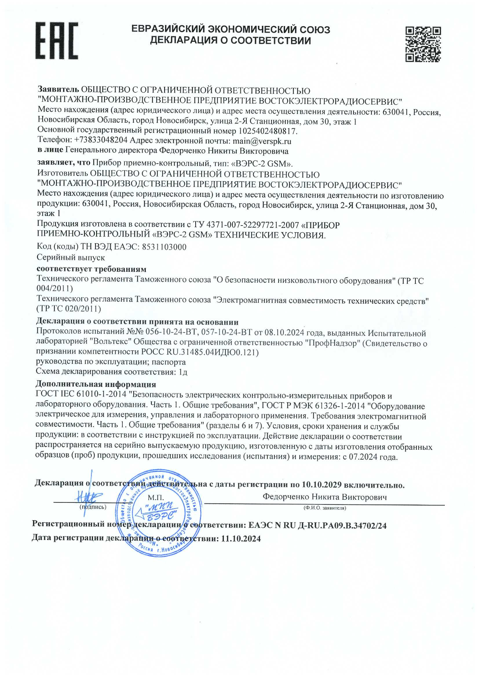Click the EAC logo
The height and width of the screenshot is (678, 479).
57,41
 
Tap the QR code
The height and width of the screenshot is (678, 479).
423,44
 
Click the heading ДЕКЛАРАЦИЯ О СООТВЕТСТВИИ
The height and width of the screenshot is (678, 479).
230,41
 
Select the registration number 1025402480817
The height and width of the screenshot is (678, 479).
268,131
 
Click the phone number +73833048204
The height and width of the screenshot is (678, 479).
101,141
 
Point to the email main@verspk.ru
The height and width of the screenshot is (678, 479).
262,141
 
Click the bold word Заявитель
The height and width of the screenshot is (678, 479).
58,90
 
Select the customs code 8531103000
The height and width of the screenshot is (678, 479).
164,247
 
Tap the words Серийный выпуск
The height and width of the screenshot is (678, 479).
71,257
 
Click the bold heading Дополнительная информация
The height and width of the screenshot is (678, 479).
96,384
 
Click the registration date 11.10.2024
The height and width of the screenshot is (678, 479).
241,538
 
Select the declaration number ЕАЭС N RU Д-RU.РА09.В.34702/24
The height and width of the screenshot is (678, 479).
318,525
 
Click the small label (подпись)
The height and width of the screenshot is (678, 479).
93,507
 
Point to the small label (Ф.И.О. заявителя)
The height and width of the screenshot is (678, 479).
324,508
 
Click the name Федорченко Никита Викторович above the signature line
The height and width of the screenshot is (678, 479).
324,497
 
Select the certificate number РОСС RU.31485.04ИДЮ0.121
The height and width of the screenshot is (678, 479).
200,352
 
